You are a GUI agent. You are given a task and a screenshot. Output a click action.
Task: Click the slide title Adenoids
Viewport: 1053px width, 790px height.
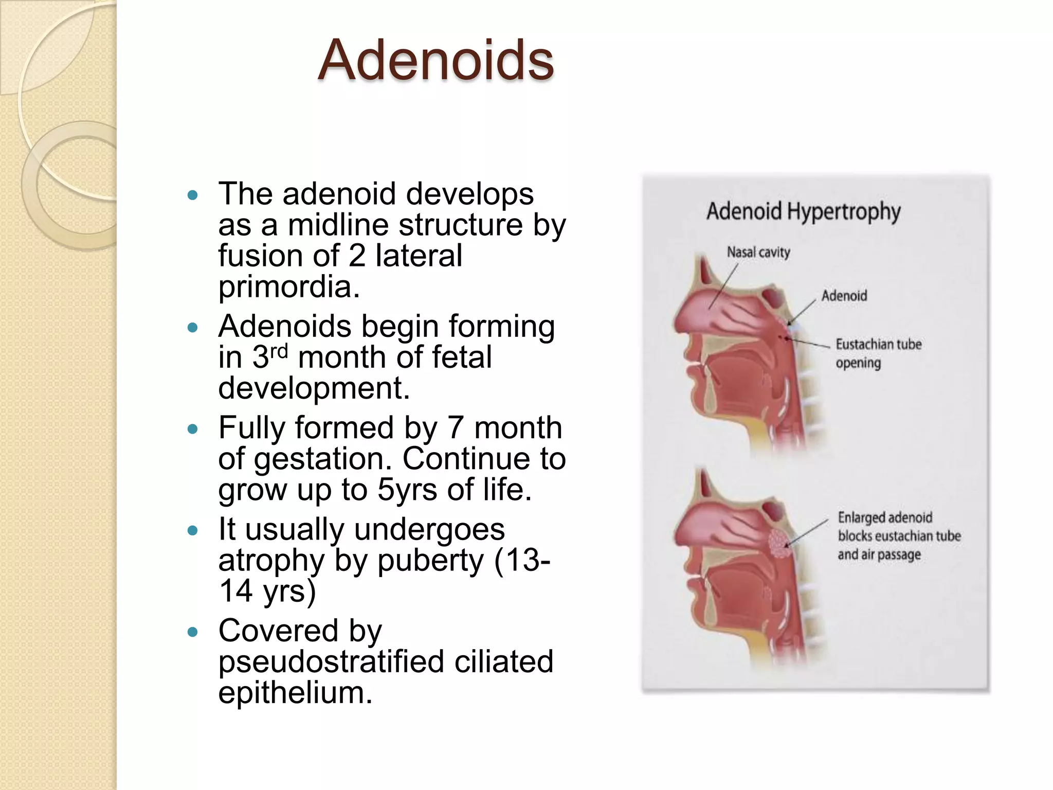435,61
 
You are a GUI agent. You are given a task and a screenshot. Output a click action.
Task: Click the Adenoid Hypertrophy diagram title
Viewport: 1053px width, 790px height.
803,211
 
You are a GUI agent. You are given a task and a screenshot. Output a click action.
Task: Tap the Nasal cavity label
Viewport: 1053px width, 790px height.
758,253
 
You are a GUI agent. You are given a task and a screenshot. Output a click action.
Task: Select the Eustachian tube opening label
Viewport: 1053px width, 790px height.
878,353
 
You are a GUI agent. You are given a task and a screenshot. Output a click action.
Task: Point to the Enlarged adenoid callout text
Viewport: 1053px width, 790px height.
899,536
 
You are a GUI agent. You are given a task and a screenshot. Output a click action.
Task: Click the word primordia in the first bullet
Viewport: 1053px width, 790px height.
288,286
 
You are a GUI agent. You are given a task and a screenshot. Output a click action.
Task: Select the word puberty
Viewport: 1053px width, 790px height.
430,561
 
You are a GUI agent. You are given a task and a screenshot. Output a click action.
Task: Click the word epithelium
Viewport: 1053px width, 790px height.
295,692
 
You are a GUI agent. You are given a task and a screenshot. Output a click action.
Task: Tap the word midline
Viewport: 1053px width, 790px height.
338,225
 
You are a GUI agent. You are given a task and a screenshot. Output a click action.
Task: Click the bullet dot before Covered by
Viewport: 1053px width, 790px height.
193,632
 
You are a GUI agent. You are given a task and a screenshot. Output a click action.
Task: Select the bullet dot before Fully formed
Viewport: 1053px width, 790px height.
193,429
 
